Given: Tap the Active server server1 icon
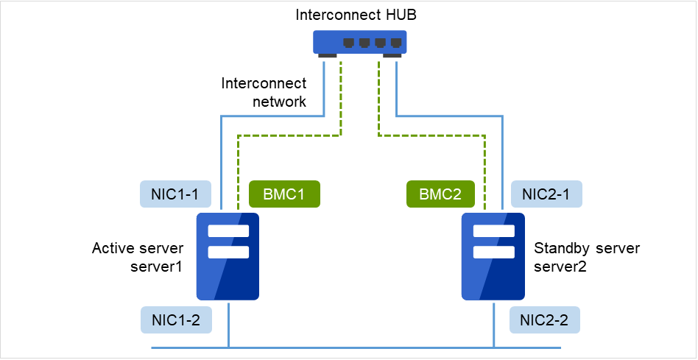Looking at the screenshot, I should (x=228, y=256).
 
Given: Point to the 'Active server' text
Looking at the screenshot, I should (x=138, y=248).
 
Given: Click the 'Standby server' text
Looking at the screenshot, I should (x=587, y=248).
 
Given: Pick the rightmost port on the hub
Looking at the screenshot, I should (x=396, y=42).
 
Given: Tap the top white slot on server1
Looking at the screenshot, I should (x=228, y=231).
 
